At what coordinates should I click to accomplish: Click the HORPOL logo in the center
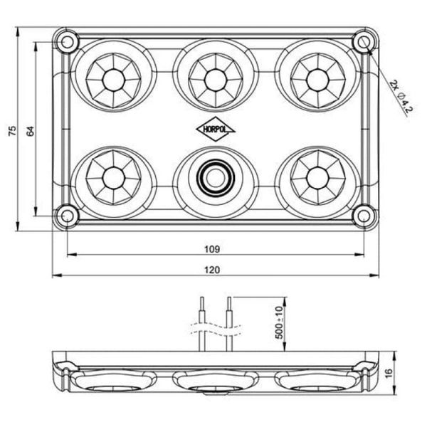212,130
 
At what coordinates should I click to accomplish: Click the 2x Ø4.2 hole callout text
402,97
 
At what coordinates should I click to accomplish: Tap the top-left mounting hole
68,41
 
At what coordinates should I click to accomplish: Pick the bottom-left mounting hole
66,213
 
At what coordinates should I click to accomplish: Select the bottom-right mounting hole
364,213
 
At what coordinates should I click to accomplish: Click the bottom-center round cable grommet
212,176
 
